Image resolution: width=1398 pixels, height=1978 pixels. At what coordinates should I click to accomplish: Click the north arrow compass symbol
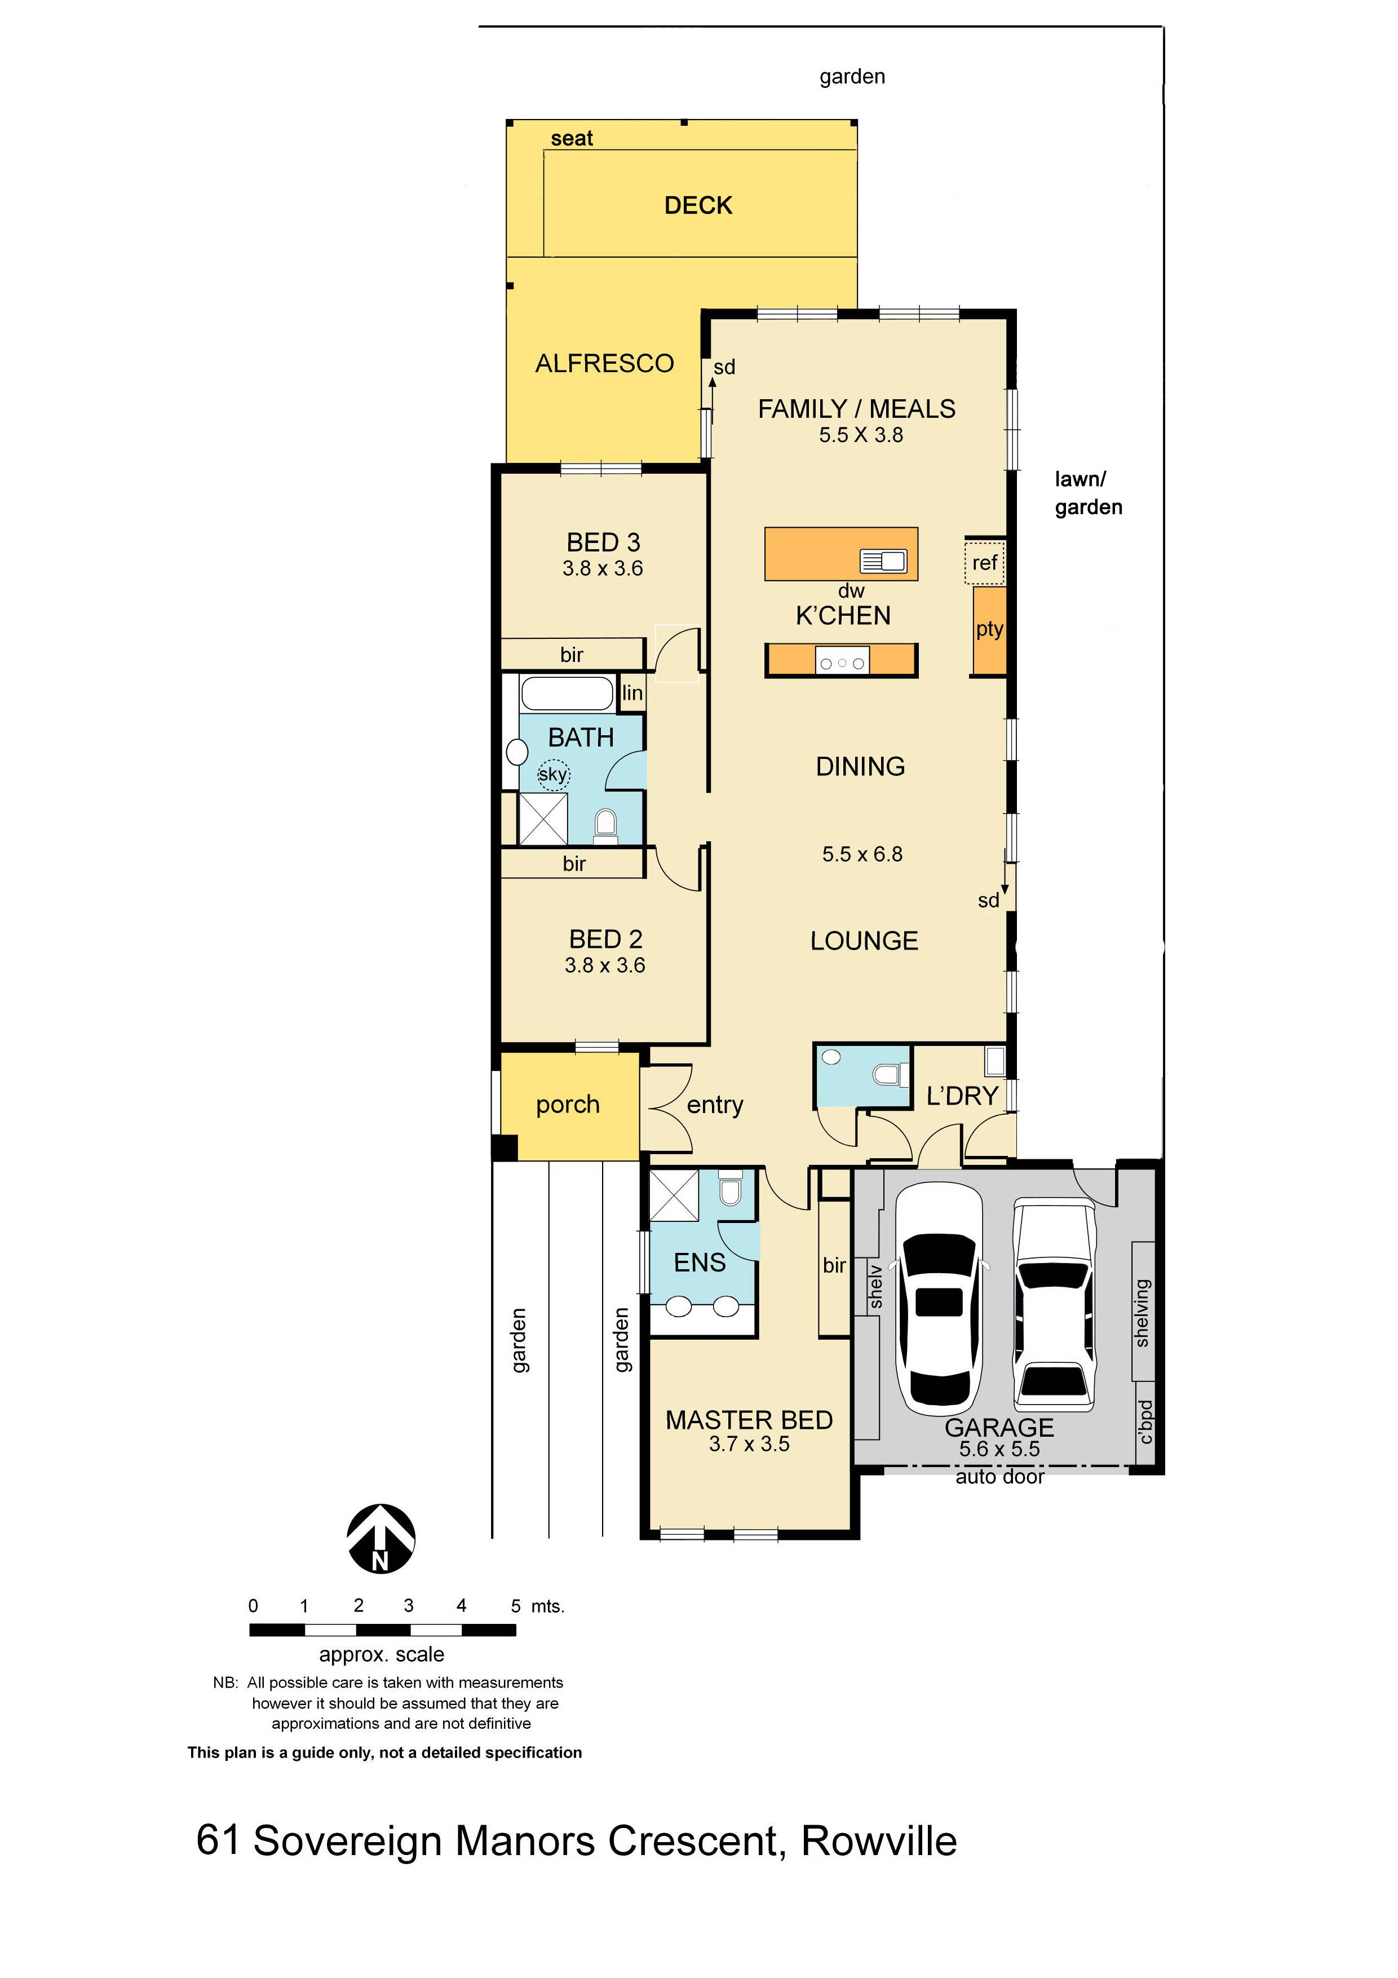tap(381, 1539)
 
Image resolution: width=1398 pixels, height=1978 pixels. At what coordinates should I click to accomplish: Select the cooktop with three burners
tap(842, 663)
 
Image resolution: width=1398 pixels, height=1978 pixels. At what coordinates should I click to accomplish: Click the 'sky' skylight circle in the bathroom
tap(553, 775)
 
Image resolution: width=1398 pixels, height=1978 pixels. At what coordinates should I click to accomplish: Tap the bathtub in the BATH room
tap(567, 694)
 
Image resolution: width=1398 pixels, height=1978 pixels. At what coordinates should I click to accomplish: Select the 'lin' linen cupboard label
tap(632, 692)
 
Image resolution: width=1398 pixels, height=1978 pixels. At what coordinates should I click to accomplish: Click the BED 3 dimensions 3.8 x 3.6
tap(603, 568)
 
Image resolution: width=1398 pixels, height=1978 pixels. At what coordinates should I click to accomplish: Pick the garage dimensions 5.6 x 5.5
tap(999, 1449)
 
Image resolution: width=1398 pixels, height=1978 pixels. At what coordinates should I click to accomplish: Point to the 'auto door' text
tap(999, 1477)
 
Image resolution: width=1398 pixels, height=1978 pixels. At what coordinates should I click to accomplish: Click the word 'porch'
tap(568, 1105)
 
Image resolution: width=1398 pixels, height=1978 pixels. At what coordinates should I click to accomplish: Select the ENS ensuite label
tap(700, 1263)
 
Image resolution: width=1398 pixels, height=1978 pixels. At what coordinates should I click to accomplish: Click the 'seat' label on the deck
tap(572, 139)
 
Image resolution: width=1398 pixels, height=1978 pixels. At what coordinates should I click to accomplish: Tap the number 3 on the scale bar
tap(408, 1606)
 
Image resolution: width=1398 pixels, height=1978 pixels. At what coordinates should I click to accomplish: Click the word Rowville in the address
tap(879, 1841)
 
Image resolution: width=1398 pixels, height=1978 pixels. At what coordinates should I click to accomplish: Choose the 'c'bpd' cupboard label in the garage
tap(1144, 1423)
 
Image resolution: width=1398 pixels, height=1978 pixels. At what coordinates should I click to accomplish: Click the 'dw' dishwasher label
tap(851, 591)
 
